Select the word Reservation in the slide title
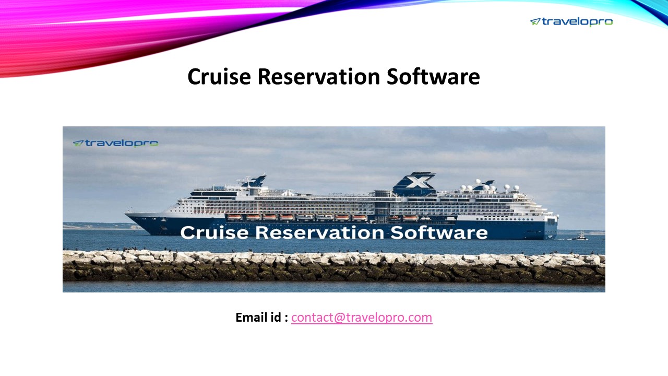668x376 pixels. pos(318,77)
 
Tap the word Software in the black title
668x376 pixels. pos(433,77)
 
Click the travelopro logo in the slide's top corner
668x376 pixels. pos(571,21)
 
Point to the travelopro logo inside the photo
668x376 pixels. pos(115,143)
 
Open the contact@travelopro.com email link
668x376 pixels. pos(362,317)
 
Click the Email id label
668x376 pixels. pos(261,317)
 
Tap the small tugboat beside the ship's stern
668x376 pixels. pos(580,237)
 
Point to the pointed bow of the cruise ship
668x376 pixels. pos(127,214)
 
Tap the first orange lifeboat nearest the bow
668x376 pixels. pos(234,217)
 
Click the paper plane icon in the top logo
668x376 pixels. pos(535,21)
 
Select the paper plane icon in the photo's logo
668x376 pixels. pos(78,143)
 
